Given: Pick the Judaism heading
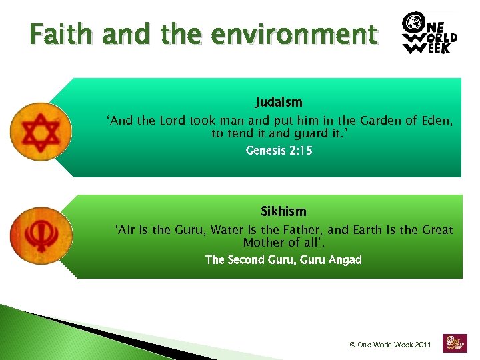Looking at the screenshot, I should (279, 103).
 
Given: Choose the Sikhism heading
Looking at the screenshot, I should (283, 211).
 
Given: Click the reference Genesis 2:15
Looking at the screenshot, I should (279, 151).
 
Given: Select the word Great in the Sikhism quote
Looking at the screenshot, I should (437, 230).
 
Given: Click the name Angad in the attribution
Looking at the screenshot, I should (345, 259).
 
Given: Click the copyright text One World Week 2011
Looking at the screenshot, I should (390, 345).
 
